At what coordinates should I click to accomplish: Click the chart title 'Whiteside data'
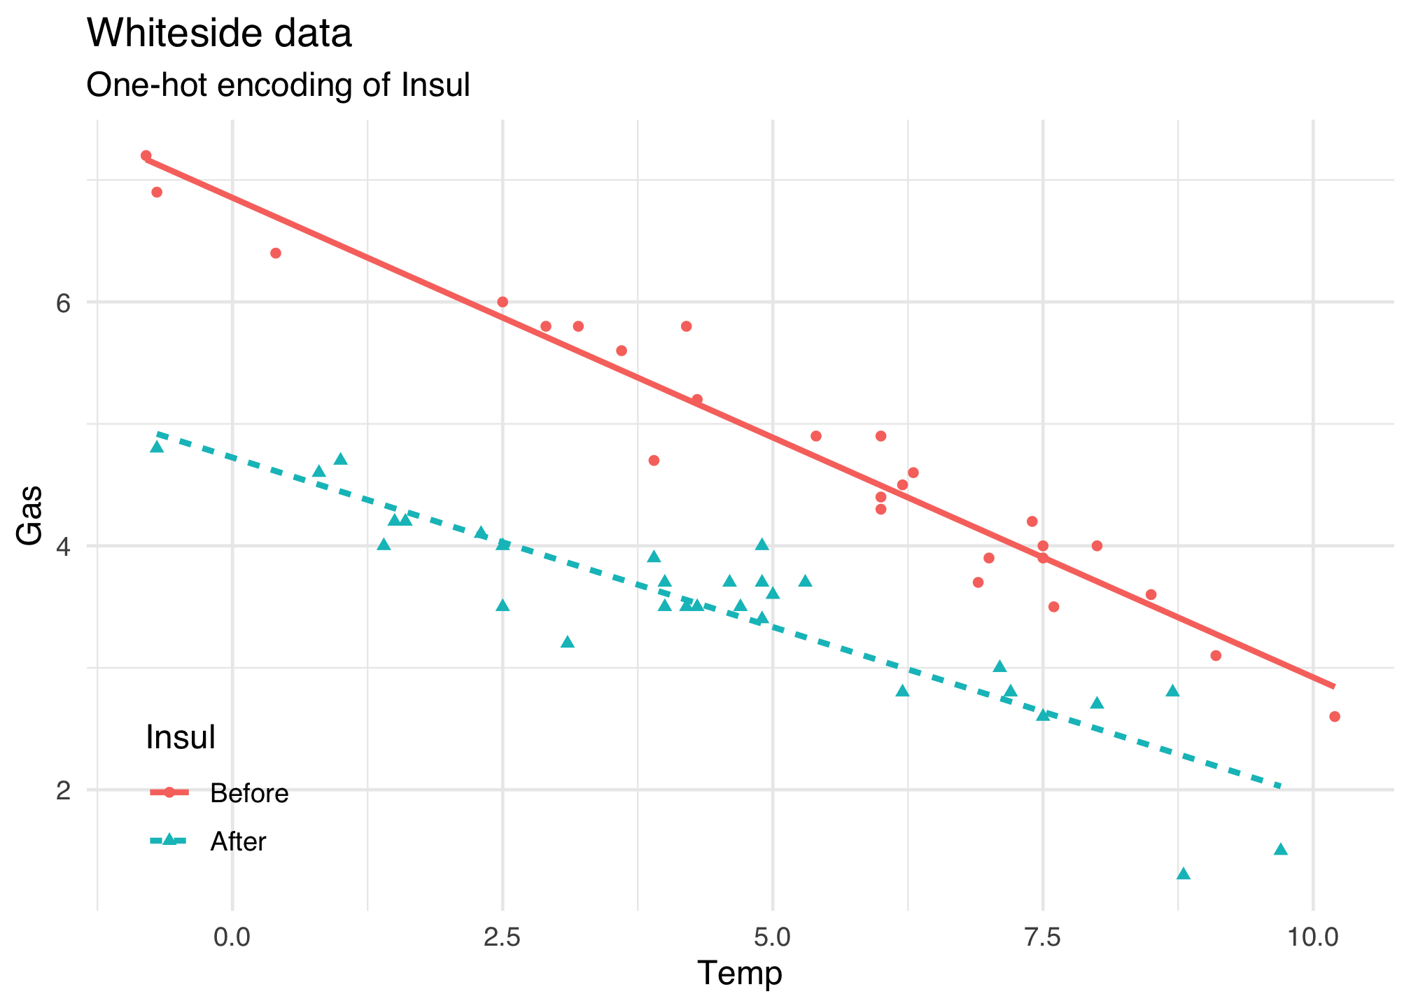point(218,34)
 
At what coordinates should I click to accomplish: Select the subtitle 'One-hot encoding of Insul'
point(277,85)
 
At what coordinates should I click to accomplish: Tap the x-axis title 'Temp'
point(739,973)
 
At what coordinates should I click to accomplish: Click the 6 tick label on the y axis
point(64,302)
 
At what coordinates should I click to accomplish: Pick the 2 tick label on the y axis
point(64,790)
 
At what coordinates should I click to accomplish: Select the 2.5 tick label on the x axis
point(503,936)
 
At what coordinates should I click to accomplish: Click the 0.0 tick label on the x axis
point(232,936)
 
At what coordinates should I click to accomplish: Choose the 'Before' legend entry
point(249,794)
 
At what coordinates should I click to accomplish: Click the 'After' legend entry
point(238,841)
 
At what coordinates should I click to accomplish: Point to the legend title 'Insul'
point(180,738)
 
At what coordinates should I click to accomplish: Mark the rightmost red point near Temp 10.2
point(1334,716)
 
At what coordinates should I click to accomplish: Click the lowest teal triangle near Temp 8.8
point(1184,874)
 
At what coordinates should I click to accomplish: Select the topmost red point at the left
point(146,155)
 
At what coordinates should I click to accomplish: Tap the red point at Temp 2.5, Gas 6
point(503,302)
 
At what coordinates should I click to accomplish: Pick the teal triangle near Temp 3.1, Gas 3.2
point(568,642)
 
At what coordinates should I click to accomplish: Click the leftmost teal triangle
point(157,447)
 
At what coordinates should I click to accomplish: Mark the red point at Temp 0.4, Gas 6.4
point(276,253)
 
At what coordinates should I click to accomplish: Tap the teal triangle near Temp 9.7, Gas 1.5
point(1281,849)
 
